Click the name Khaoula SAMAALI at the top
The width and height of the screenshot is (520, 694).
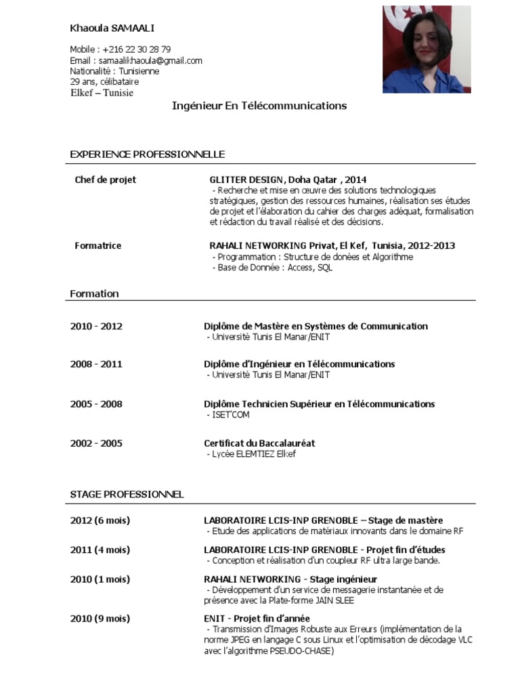point(112,28)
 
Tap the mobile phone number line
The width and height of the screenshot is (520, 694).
point(121,49)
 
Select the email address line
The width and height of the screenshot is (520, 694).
point(136,60)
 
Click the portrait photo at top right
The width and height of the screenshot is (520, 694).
point(427,49)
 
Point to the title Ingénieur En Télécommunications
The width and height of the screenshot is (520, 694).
point(259,106)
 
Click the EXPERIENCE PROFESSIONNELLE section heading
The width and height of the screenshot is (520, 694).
point(148,155)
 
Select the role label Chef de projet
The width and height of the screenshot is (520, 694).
point(106,180)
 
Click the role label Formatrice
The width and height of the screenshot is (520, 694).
point(98,245)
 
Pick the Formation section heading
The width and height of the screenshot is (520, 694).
point(95,293)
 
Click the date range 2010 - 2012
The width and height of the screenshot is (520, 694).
point(96,326)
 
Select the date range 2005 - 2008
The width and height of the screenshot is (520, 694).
point(96,404)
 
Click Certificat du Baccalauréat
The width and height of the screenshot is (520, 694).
point(259,443)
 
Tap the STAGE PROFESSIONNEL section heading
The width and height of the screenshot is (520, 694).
point(127,494)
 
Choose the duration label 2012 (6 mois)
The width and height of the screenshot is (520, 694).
point(100,520)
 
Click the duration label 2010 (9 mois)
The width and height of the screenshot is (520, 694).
point(100,619)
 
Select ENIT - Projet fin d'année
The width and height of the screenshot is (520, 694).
point(257,619)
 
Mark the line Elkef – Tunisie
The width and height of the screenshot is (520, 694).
point(102,93)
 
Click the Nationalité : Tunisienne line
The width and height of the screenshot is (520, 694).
point(115,71)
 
